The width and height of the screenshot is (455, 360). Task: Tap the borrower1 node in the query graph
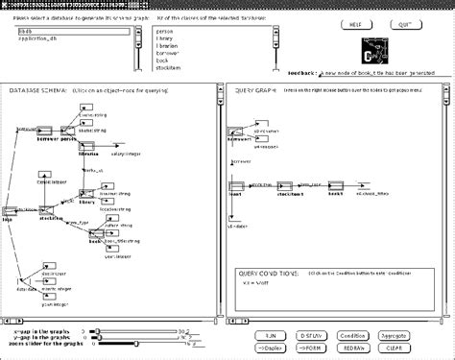239,135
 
